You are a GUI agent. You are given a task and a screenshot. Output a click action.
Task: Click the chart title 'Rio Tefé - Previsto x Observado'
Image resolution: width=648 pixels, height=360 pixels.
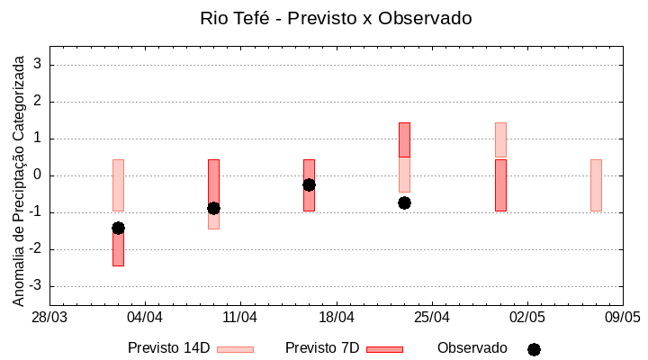coord(336,18)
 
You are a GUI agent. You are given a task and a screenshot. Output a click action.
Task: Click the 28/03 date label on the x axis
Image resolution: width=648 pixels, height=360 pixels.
coord(49,318)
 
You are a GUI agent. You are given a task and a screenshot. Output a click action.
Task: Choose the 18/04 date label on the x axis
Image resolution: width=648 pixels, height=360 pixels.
coord(336,318)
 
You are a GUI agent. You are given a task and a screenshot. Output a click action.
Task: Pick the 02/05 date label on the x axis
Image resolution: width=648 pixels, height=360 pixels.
coord(527,318)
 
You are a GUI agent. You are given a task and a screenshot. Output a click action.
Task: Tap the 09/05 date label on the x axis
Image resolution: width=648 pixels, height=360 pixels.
coord(623,318)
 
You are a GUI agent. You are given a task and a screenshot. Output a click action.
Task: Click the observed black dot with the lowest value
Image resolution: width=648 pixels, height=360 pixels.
coord(118,228)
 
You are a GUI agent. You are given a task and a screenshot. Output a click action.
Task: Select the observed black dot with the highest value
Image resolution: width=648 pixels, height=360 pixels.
coord(309,184)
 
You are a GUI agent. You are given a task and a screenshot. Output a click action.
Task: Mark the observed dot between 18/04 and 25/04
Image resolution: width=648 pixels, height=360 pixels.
coord(404,202)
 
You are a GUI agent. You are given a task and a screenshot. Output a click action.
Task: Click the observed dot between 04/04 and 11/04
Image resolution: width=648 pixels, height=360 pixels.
coord(213,208)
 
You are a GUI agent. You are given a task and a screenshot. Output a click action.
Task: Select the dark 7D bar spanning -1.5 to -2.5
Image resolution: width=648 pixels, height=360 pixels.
coord(118,248)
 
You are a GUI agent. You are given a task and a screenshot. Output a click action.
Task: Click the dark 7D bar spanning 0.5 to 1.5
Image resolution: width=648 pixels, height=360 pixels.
coord(404,139)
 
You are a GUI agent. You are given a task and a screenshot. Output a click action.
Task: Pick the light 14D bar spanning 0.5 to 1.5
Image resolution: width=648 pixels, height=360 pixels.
coord(500,139)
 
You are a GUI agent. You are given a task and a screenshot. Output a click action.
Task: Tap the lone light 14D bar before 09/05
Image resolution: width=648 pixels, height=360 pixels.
coord(596,184)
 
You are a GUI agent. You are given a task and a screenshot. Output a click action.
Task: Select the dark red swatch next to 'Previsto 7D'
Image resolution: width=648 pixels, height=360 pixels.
coord(384,349)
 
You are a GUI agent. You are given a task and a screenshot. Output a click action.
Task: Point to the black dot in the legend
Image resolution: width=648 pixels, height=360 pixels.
coord(534,349)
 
